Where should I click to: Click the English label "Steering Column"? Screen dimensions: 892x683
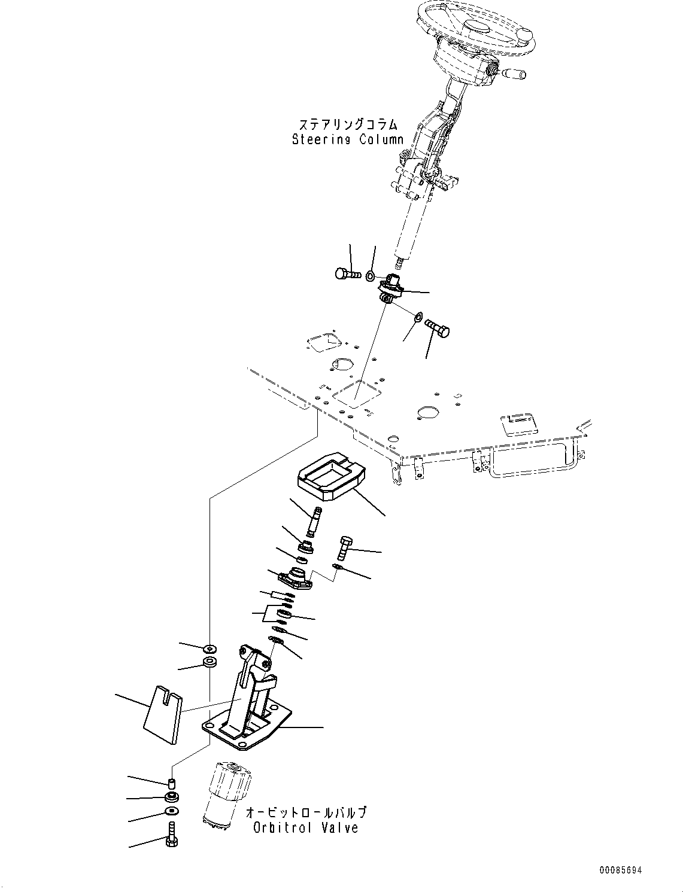(347, 140)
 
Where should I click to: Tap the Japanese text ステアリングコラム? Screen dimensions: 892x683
(348, 124)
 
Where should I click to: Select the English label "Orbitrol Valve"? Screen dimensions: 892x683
(305, 828)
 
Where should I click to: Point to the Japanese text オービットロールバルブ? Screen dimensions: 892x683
(306, 812)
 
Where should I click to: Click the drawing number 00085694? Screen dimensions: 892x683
(620, 870)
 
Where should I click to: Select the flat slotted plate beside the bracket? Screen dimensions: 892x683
(163, 714)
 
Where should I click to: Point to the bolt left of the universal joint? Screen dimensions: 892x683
(346, 275)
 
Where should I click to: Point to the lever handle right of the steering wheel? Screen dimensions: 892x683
(511, 74)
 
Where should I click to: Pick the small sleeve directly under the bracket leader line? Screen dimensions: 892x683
(171, 784)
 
